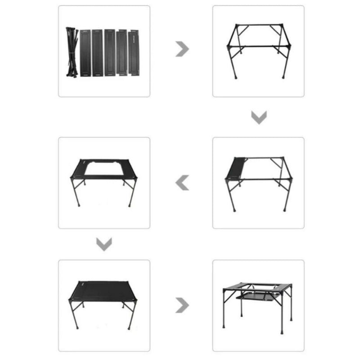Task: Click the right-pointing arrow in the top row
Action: (182, 49)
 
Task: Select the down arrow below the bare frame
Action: (259, 117)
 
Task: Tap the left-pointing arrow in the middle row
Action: (182, 183)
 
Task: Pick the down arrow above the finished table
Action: (104, 244)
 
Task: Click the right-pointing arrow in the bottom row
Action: (182, 305)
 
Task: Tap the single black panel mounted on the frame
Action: (238, 168)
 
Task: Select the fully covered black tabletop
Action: (104, 290)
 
